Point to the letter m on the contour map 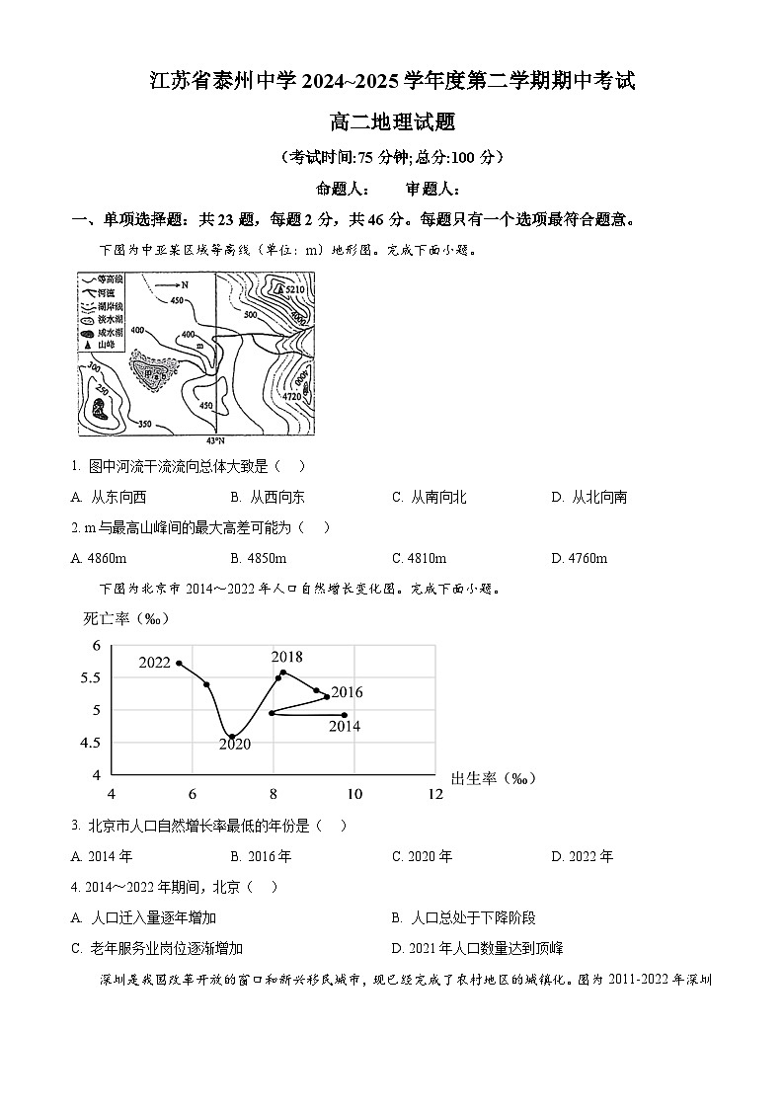coord(199,346)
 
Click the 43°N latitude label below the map coord(214,440)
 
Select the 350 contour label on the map coord(144,424)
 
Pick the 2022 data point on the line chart coord(179,663)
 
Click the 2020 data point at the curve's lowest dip coord(232,736)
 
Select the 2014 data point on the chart coord(344,715)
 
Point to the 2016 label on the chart coord(347,692)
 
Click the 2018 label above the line coord(287,657)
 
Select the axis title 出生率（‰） coord(493,778)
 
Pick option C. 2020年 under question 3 coord(422,856)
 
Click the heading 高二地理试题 coord(392,121)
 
